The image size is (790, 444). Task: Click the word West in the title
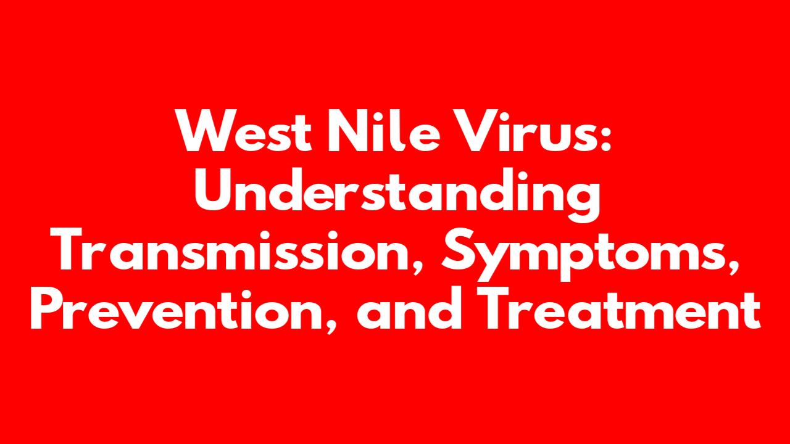coord(243,130)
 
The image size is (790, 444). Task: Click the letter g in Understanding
coord(580,202)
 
